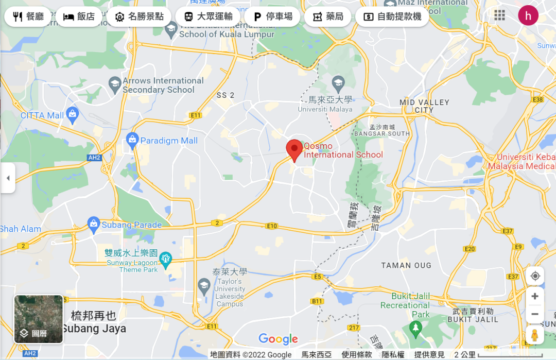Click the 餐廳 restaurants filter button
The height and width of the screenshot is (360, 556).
(28, 16)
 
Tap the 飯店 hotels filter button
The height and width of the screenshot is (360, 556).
(79, 16)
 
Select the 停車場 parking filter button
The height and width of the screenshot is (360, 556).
(272, 16)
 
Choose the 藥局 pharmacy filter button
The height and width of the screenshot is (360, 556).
(327, 16)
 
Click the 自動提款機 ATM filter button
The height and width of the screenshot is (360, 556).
(392, 16)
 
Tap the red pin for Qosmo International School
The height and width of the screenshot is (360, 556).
(294, 150)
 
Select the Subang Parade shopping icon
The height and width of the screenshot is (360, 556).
(93, 223)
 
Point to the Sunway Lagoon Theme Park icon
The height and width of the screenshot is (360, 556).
(165, 259)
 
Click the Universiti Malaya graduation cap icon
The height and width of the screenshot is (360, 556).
(338, 82)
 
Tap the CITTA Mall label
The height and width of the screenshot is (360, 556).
(42, 115)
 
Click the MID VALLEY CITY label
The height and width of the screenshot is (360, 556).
(424, 106)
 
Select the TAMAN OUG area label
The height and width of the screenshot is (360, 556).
(403, 265)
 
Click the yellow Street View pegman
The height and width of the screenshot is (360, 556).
(535, 335)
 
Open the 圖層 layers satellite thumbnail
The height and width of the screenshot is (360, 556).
(39, 319)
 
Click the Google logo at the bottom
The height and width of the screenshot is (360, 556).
(278, 339)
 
